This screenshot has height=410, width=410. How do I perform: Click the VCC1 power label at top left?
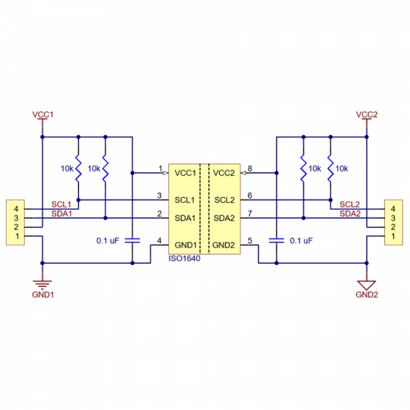(42, 113)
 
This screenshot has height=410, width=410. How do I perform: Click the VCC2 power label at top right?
(367, 113)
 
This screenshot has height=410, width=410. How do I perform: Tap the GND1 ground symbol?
(42, 284)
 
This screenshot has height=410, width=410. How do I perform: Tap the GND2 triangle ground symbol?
(367, 283)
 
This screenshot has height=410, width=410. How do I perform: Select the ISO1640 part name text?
(184, 259)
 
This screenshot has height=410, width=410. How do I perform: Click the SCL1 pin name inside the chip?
(185, 200)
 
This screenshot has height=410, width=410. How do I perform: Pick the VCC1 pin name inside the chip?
(185, 173)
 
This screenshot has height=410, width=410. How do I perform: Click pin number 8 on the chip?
(250, 168)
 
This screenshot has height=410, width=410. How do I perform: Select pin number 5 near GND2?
(250, 240)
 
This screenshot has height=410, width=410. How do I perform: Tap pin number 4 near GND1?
(159, 240)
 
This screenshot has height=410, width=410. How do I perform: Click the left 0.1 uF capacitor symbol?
(133, 241)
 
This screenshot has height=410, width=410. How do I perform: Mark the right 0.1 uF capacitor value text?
(301, 241)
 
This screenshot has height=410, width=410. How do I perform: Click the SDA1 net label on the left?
(62, 213)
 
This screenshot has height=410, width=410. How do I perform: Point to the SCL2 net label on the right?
(350, 204)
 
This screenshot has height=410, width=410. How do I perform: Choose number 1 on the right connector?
(393, 236)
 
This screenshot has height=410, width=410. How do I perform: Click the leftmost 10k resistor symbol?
(79, 168)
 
